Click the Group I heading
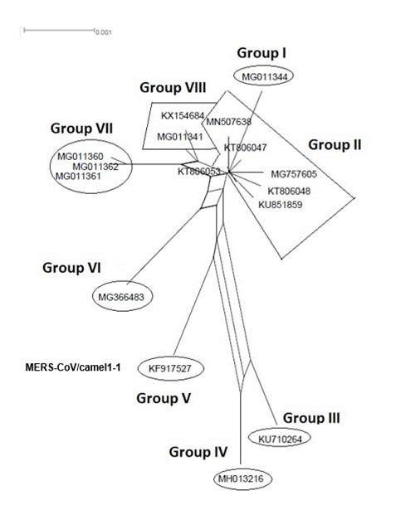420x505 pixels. point(261,53)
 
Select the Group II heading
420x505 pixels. point(335,144)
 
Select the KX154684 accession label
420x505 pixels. point(183,116)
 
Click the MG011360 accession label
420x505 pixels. point(80,157)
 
